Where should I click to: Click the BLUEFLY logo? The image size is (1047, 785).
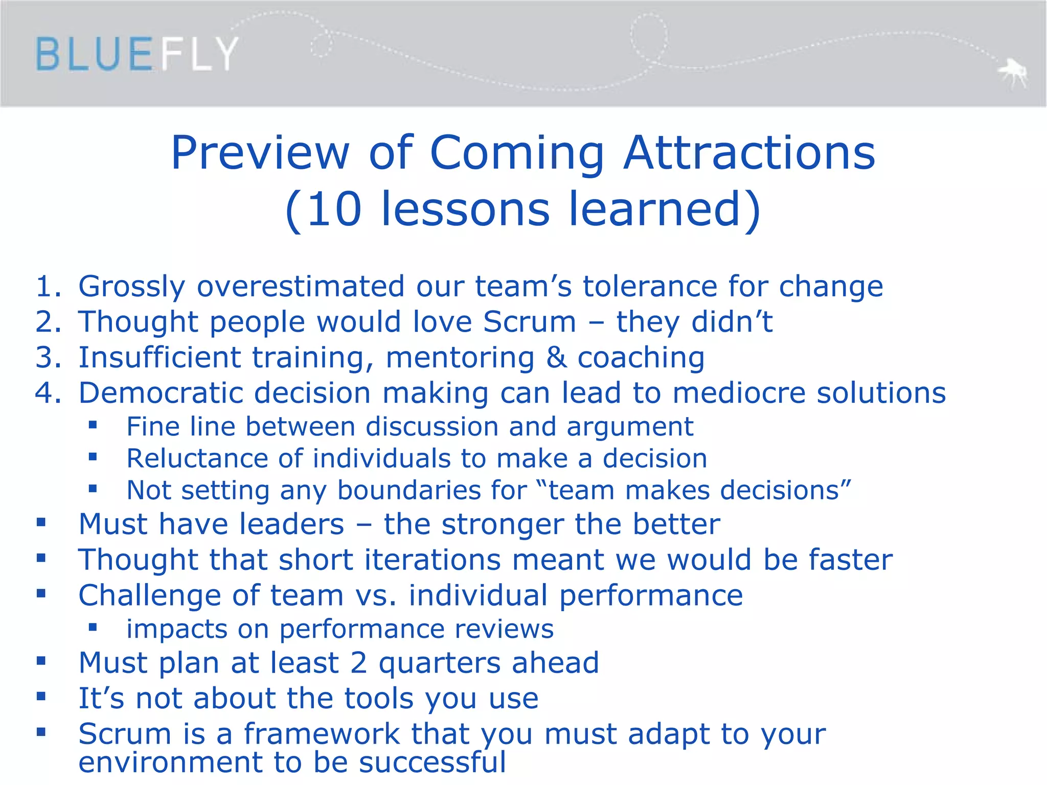point(137,54)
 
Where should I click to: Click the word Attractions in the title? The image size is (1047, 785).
point(749,153)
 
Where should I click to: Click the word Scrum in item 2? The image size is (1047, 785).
point(530,322)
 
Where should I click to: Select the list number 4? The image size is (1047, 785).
point(47,393)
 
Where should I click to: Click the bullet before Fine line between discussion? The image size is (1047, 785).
point(93,425)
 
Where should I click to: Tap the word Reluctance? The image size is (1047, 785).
point(197,458)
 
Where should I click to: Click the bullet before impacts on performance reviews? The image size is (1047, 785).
point(93,627)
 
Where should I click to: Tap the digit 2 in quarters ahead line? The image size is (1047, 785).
point(359,663)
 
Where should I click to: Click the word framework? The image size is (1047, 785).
point(322,734)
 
